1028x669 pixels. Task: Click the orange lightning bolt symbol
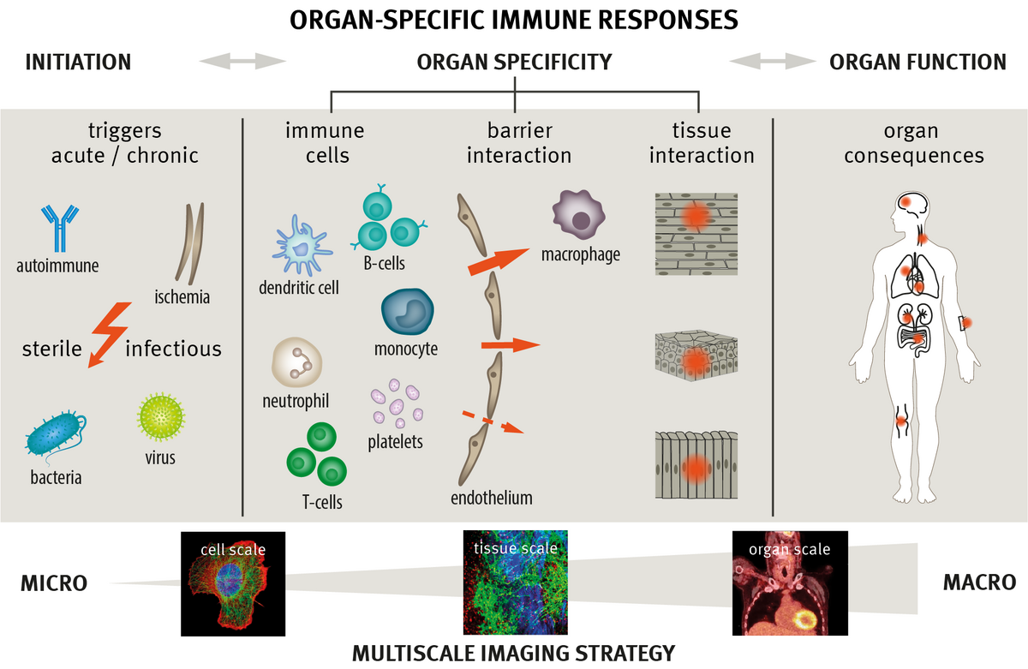coord(109,333)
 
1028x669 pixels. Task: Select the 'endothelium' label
coord(491,498)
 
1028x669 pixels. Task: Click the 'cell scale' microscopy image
coord(232,583)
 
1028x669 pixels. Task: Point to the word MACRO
coord(979,582)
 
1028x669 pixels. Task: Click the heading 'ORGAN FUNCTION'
coord(917,62)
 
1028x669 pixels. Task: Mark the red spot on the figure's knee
coord(900,421)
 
